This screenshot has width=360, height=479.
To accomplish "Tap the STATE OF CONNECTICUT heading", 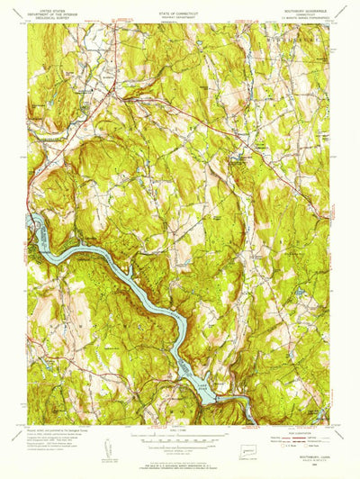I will coord(180,5).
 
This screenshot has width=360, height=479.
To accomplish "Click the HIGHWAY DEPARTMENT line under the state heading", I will coord(180,10).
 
